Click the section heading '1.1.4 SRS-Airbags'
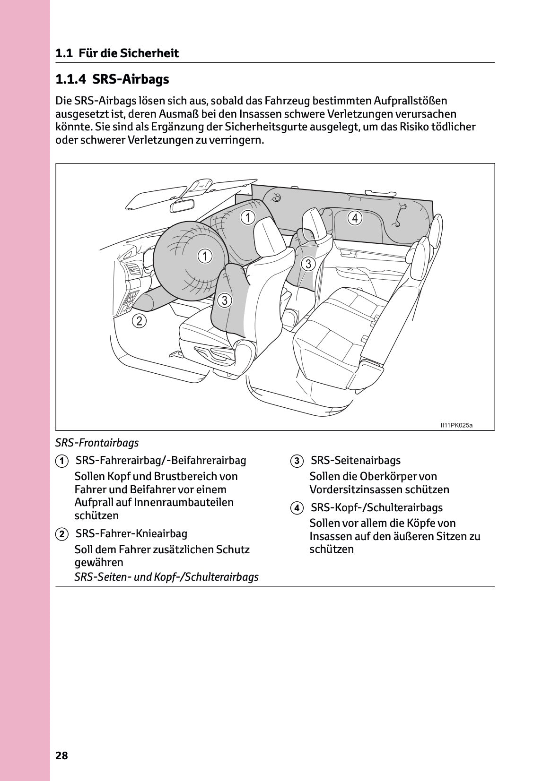tap(112, 79)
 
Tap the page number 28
tap(61, 755)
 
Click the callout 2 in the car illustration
tap(139, 321)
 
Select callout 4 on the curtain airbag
tap(355, 218)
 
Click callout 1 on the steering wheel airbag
tap(204, 257)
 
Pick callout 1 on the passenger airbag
tap(247, 217)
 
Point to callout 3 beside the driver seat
tap(225, 300)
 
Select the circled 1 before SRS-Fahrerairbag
tap(61, 461)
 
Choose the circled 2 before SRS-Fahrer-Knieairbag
tap(61, 534)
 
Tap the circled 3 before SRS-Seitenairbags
tap(296, 461)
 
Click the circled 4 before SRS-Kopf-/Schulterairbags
tap(296, 508)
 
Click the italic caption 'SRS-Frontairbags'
tap(97, 443)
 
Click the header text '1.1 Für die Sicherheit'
tap(117, 53)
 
